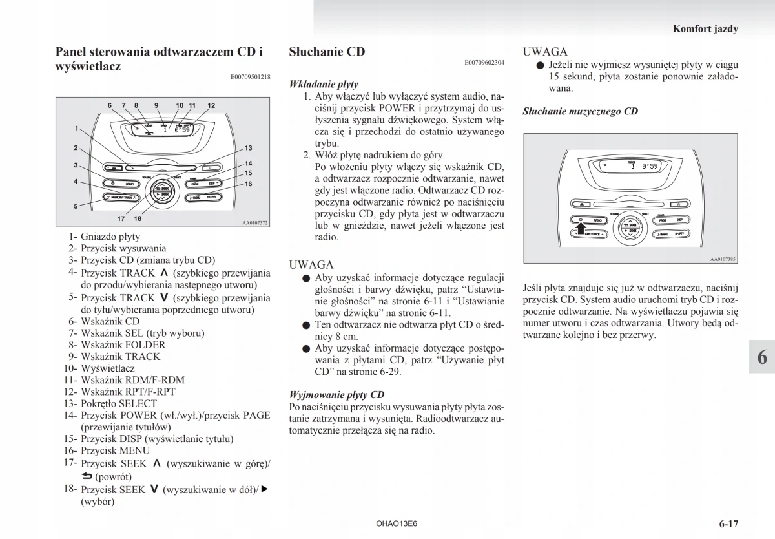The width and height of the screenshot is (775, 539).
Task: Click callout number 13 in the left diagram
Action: pos(248,148)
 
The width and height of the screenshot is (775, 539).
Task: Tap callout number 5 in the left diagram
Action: pos(76,206)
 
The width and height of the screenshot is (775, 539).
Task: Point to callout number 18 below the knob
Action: pos(138,218)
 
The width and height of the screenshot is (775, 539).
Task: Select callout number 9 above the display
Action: pos(156,105)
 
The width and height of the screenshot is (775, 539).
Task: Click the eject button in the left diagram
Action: pos(114,167)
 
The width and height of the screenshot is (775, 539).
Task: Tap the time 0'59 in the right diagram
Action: pos(648,166)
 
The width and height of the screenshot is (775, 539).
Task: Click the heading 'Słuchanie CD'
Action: pos(327,52)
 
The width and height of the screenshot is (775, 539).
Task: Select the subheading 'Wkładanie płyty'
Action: pos(324,84)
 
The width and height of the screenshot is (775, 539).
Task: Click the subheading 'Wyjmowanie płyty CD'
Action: pos(336,394)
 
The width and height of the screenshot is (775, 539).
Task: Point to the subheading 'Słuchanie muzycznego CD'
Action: pos(580,111)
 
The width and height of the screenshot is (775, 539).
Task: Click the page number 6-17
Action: pos(727,523)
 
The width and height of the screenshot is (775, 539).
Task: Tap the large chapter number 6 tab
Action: pos(762,357)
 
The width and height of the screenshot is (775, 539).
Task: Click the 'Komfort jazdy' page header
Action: pos(705,28)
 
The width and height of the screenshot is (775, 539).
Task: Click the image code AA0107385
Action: pos(723,259)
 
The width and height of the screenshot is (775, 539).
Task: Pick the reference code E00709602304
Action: pos(484,63)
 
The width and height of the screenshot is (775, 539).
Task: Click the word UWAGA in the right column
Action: pos(545,52)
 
